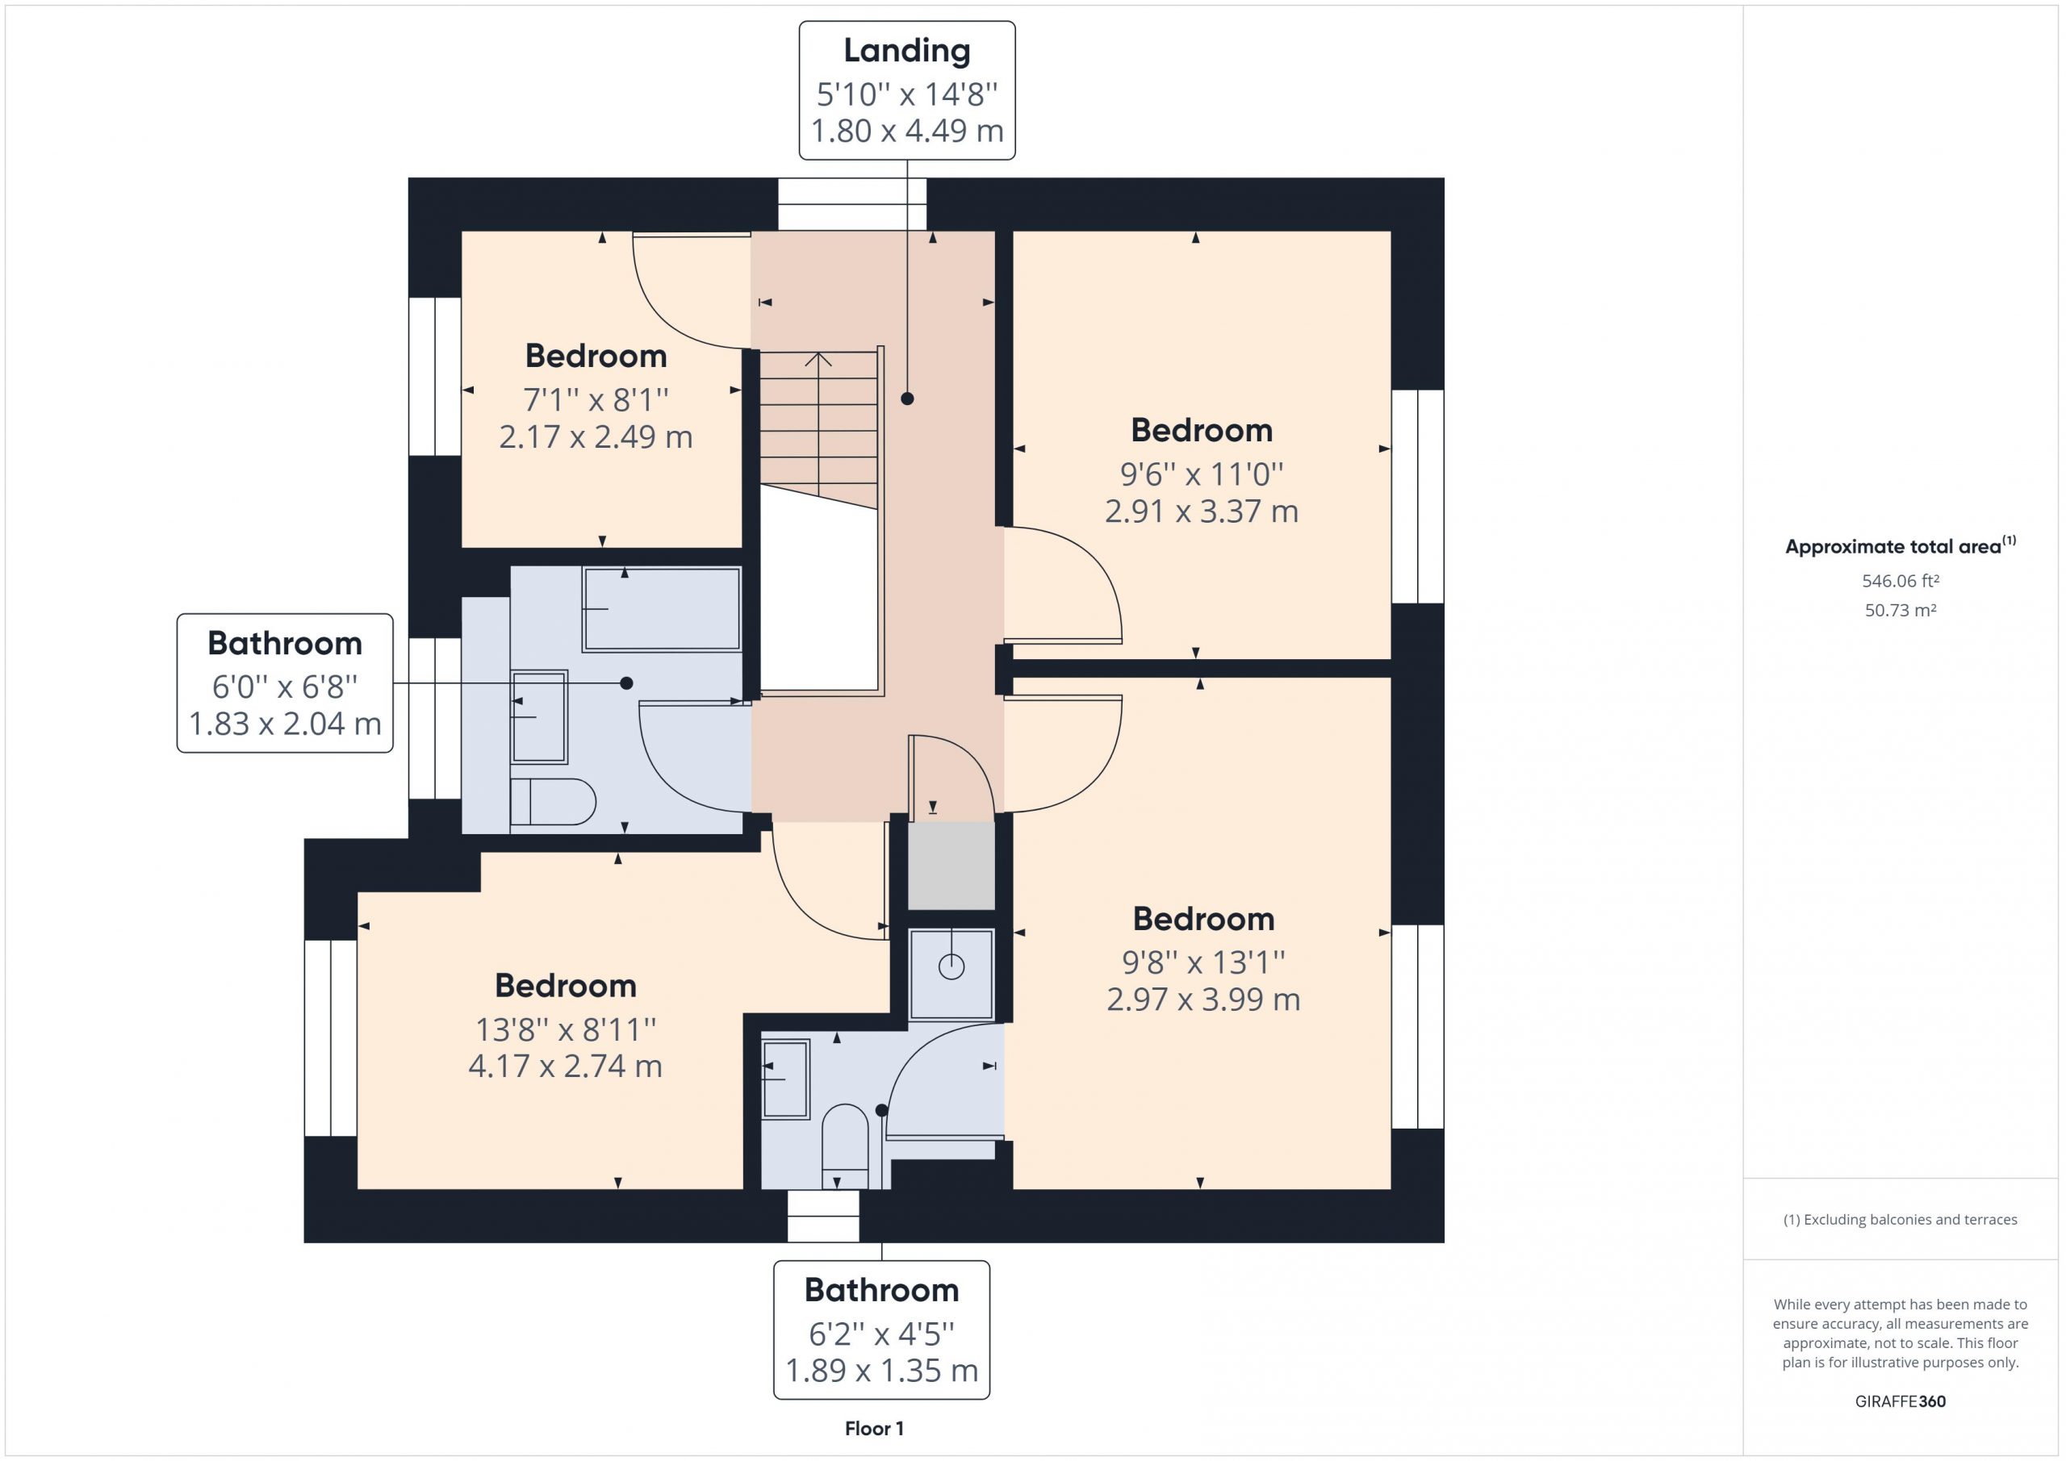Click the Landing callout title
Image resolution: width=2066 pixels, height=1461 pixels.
tap(907, 52)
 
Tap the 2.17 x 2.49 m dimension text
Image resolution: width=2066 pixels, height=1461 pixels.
tap(596, 437)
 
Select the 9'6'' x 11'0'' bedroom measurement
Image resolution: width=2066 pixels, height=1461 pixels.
tap(1202, 474)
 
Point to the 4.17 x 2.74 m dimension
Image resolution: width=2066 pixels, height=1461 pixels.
tap(565, 1066)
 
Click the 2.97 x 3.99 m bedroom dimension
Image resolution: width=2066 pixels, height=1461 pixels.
tap(1203, 1000)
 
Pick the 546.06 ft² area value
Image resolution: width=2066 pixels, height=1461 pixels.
tap(1901, 581)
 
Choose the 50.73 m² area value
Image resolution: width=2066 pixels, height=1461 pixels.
tap(1901, 610)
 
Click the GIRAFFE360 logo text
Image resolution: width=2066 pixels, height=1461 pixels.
tap(1901, 1400)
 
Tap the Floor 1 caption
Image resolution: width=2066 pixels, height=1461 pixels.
tap(874, 1428)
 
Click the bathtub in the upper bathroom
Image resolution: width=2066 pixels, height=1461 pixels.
tap(662, 609)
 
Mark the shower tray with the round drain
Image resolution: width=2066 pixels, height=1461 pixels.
tap(951, 975)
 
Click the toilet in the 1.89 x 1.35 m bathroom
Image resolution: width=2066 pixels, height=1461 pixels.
tap(845, 1146)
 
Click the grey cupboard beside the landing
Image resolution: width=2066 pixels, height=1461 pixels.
tap(951, 866)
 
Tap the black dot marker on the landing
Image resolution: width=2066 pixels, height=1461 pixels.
tap(907, 399)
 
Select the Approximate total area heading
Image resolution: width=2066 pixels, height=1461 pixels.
tap(1901, 545)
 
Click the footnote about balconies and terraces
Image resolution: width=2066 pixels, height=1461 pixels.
tap(1901, 1219)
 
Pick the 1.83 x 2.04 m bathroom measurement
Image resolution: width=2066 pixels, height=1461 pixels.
tap(285, 724)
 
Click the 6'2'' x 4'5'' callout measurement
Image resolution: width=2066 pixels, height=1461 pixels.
tap(882, 1334)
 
